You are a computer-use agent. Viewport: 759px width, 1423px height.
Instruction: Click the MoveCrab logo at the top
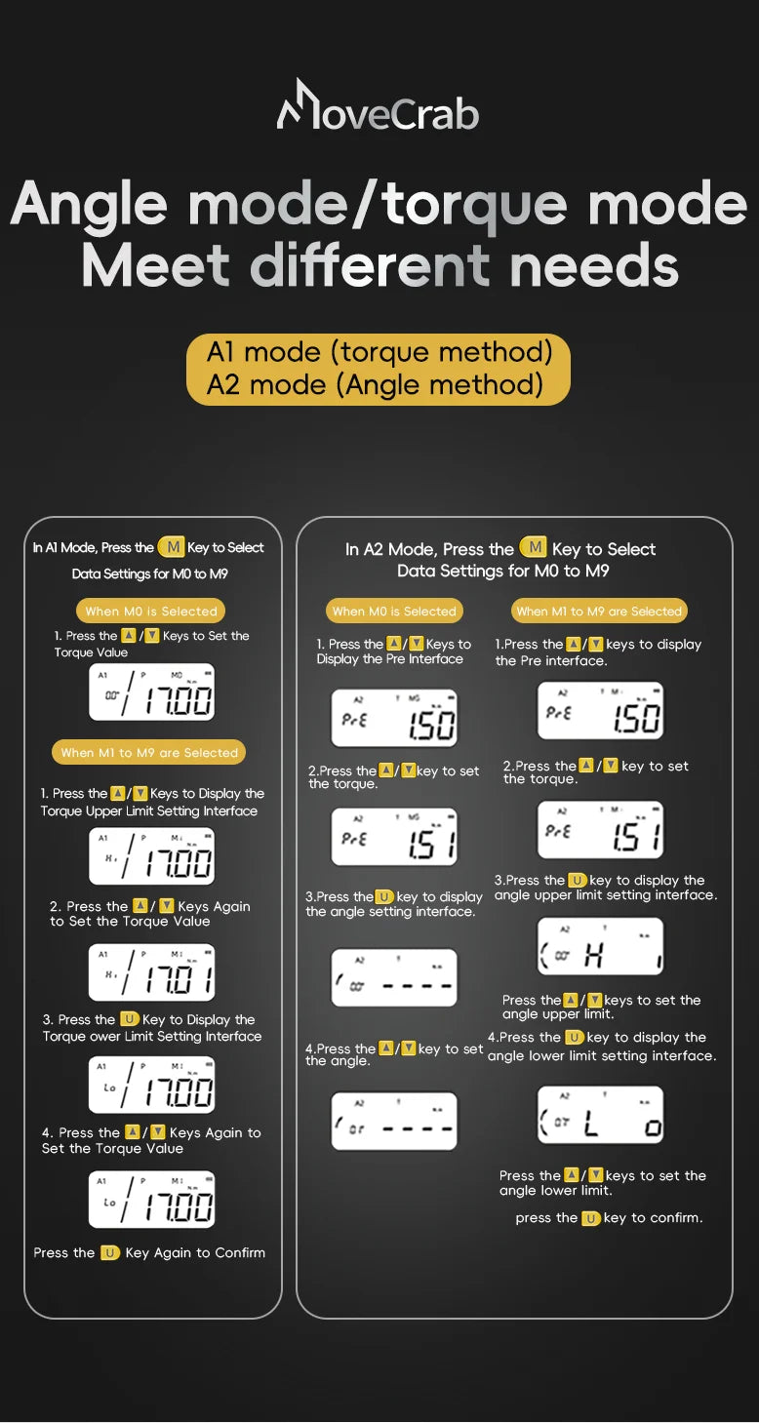point(379,107)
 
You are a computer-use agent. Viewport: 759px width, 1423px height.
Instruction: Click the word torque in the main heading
point(475,204)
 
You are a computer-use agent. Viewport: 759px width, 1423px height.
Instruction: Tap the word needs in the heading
point(593,264)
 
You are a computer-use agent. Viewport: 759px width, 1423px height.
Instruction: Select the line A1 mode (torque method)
point(379,351)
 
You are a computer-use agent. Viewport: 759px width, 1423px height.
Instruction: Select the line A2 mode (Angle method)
point(375,384)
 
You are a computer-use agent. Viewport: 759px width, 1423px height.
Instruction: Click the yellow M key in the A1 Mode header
point(171,547)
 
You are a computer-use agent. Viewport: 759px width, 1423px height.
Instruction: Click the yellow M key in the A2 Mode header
point(534,548)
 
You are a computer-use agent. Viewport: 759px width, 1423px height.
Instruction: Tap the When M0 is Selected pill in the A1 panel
point(151,612)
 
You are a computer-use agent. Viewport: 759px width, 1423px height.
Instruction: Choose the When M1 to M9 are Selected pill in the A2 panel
point(599,612)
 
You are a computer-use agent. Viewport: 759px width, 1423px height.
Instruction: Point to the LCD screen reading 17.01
point(152,972)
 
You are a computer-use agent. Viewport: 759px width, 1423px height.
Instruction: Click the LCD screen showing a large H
point(601,947)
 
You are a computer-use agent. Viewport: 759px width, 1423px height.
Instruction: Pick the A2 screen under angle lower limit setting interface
point(601,1115)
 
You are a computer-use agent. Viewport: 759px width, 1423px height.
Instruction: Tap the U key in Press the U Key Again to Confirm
point(110,1252)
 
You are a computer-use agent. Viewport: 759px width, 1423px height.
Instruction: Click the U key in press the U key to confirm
point(591,1218)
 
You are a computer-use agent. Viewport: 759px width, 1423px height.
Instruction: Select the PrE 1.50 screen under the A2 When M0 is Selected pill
point(394,719)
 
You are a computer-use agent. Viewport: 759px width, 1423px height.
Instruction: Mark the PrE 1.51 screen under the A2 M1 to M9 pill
point(601,829)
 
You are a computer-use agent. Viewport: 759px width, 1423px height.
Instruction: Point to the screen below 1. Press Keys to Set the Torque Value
point(152,692)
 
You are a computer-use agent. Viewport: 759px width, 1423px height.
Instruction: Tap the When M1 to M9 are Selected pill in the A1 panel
point(149,753)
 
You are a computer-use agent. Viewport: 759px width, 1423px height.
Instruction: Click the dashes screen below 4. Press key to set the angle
point(394,1121)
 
